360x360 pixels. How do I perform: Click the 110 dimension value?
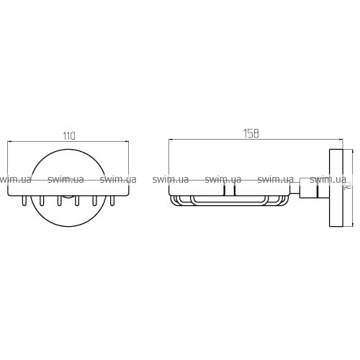(69, 136)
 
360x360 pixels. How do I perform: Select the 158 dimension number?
(251, 134)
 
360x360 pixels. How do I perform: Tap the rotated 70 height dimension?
(348, 186)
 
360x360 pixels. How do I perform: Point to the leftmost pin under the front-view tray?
(24, 201)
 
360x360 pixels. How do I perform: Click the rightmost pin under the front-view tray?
(112, 201)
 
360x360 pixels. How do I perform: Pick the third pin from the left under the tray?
(59, 201)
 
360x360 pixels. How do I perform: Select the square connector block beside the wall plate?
(309, 188)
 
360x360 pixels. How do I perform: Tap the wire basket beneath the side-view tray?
(228, 201)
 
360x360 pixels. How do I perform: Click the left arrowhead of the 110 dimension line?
(10, 142)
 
